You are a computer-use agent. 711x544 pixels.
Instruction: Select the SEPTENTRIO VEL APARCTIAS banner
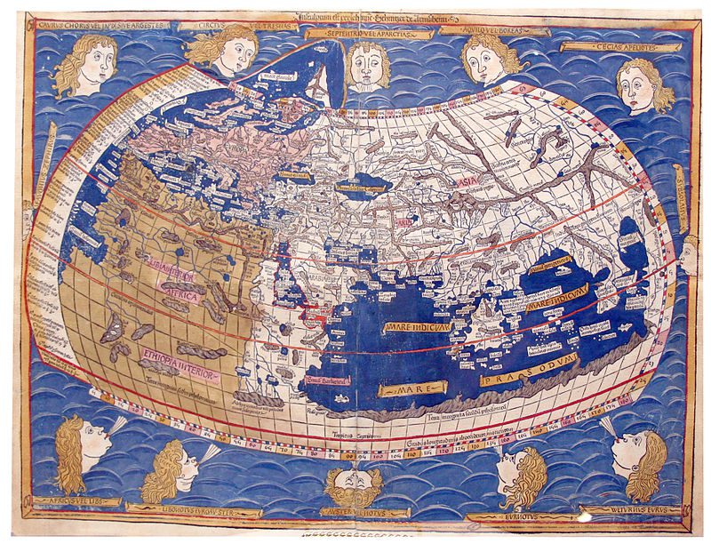[x=369, y=33]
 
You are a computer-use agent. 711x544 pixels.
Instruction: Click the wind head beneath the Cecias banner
[x=643, y=86]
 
